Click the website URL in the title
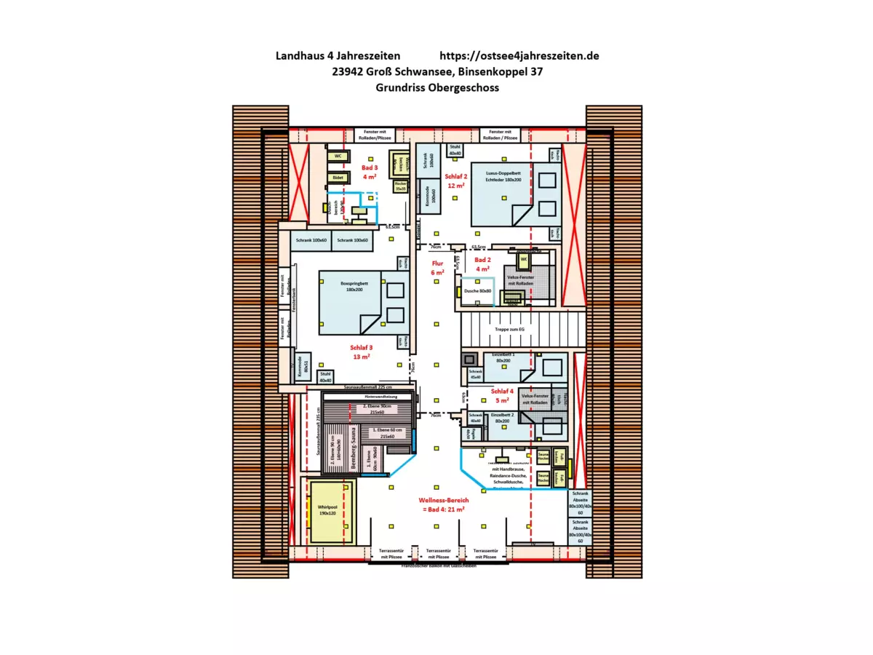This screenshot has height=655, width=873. point(519,56)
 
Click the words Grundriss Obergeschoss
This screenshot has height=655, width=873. point(436,87)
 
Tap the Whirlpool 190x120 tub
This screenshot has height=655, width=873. point(327,509)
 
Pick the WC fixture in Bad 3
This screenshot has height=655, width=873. point(338,156)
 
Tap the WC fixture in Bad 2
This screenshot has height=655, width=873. point(522,259)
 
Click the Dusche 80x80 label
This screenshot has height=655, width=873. point(477,291)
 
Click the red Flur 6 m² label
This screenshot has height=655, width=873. point(437,268)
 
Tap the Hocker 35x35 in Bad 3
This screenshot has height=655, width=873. point(399,186)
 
